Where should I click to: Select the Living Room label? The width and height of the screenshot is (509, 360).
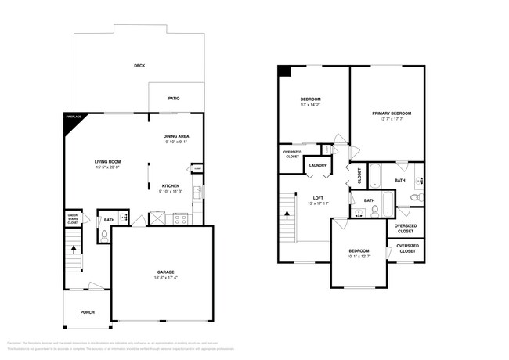click(108, 161)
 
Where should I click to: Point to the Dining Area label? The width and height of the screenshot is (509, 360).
click(175, 135)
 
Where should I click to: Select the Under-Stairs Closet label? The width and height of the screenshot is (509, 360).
click(72, 218)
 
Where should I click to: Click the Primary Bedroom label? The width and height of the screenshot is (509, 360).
click(391, 113)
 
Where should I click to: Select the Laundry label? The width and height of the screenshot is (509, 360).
click(317, 165)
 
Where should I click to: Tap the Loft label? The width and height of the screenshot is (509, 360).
click(317, 197)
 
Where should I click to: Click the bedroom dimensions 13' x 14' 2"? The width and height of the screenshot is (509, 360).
click(311, 105)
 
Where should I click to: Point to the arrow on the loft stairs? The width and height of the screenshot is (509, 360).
click(287, 213)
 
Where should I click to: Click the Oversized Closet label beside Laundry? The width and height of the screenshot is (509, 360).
click(291, 154)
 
